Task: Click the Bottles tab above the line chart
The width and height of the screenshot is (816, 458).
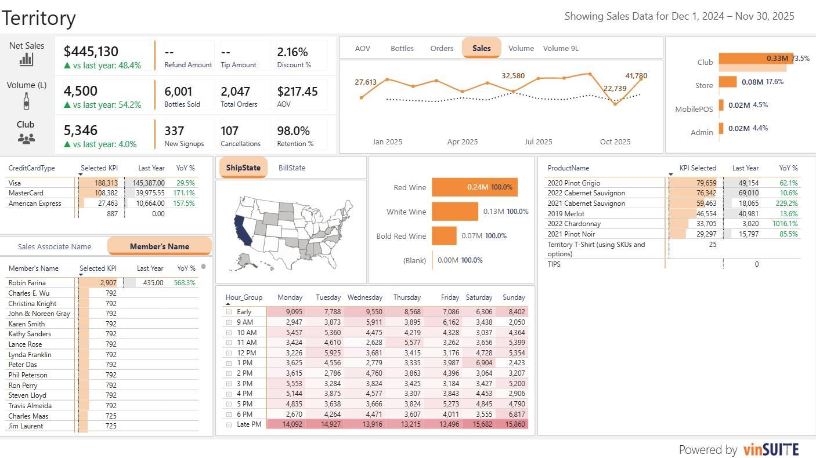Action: (402, 48)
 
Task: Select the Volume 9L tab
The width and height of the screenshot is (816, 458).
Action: (561, 48)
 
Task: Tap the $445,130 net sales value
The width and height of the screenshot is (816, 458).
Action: (91, 52)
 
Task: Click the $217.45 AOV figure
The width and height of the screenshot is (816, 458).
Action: (297, 91)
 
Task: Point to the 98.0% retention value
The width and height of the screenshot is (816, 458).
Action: (294, 130)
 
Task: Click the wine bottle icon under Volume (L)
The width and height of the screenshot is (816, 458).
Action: (26, 101)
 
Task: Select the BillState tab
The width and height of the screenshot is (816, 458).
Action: (292, 168)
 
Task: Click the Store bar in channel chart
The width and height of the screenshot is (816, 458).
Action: (728, 82)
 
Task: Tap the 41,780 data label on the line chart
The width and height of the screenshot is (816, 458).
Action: (636, 75)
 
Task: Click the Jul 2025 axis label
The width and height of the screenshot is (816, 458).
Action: (538, 141)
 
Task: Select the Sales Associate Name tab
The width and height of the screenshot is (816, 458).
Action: (55, 246)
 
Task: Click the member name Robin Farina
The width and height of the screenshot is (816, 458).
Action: (27, 283)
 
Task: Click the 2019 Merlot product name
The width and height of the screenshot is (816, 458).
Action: (566, 213)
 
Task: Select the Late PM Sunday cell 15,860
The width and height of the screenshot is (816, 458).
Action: (513, 424)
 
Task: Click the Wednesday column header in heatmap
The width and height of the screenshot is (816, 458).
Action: (364, 297)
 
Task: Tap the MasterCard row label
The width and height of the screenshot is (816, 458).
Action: (26, 193)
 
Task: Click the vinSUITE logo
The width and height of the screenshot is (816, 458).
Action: (771, 449)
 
